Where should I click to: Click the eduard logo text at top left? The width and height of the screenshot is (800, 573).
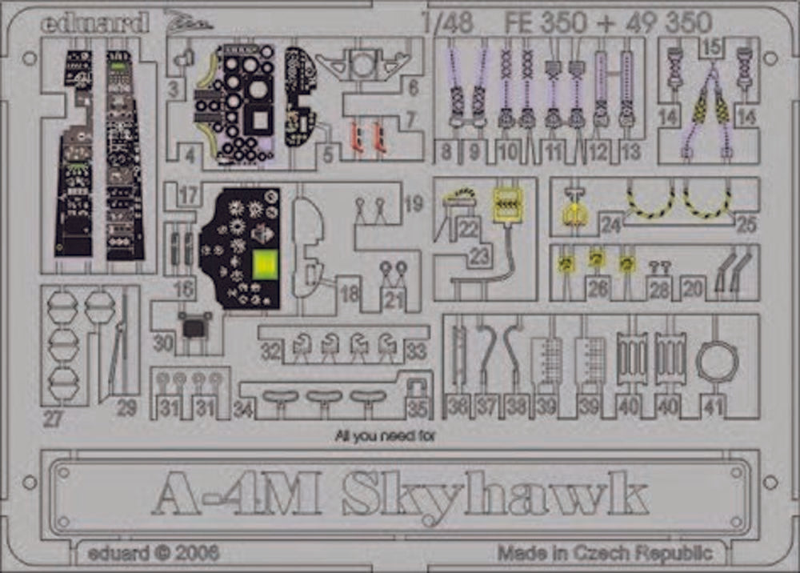95,22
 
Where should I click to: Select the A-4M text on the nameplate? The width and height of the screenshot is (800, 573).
237,498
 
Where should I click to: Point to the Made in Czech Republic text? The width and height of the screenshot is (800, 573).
604,552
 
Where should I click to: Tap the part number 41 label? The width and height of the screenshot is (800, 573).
713,407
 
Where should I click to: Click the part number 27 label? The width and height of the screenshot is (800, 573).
54,419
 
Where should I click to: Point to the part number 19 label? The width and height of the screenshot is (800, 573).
414,205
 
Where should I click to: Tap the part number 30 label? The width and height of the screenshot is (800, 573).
163,343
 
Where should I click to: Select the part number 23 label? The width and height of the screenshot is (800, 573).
480,255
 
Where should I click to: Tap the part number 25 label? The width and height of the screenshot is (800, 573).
746,225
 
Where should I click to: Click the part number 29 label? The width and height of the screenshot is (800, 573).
126,408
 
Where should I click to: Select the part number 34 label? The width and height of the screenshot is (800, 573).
244,411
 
